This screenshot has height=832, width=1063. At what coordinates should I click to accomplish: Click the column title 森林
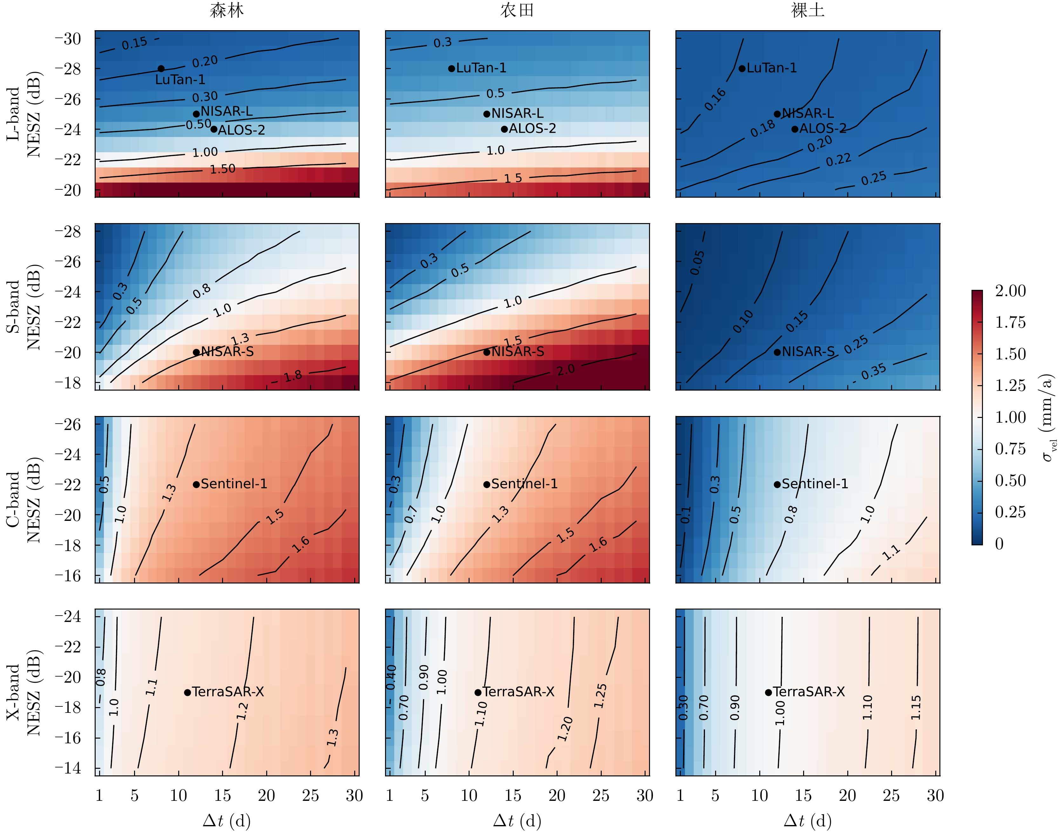(227, 11)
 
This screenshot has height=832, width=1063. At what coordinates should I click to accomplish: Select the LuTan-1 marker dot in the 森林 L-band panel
(161, 69)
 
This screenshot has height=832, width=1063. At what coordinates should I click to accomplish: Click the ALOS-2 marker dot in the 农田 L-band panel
(504, 129)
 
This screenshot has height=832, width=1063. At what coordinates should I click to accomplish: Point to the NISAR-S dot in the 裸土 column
(777, 352)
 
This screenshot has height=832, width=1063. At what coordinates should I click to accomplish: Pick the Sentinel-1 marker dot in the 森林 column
(196, 484)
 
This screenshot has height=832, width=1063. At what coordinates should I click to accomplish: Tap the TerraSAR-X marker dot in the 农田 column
(478, 692)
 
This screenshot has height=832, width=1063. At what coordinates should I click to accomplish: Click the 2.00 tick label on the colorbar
(1010, 291)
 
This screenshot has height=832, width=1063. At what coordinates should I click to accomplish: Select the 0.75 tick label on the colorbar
(1010, 449)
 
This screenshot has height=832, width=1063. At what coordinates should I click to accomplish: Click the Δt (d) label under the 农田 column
(517, 821)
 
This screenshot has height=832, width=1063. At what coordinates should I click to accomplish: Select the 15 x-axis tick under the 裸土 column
(803, 796)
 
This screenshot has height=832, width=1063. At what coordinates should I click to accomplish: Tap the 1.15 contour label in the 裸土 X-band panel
(916, 707)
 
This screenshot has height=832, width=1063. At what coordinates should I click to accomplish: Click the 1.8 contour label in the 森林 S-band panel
(293, 376)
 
